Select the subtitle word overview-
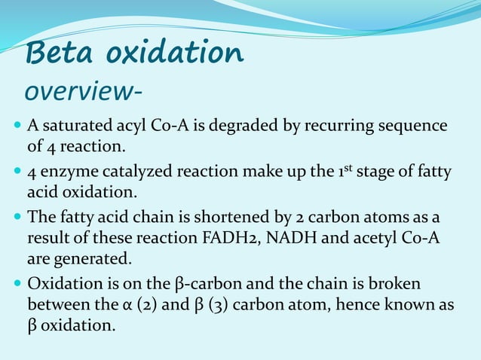pos(81,91)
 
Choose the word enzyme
pos(66,172)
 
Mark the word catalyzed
pos(132,172)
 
